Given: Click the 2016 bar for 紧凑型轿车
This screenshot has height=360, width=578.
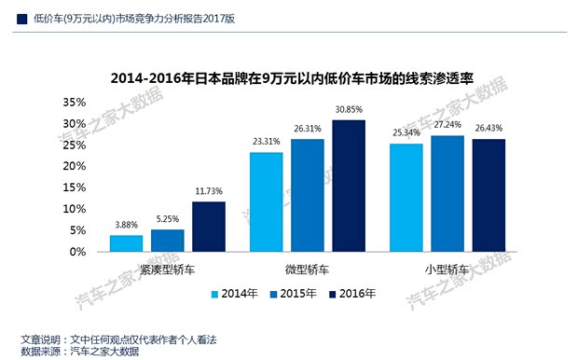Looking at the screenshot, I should (x=209, y=226).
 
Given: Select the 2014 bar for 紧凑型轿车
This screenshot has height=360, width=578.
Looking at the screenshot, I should (x=126, y=242).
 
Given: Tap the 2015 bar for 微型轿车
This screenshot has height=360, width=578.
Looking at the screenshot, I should (x=308, y=195).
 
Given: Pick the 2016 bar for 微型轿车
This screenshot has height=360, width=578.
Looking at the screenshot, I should (x=349, y=186).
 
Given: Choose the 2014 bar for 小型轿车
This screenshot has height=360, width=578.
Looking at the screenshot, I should (x=406, y=197).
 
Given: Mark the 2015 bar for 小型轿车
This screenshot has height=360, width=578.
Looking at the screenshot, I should (x=447, y=193).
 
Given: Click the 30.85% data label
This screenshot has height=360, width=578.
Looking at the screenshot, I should (x=349, y=111).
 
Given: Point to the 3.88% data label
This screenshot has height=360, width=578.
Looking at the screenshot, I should (x=126, y=226).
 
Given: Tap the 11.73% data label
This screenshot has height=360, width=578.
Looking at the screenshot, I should (x=209, y=192).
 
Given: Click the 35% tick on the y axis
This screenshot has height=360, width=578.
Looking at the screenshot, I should (x=74, y=102).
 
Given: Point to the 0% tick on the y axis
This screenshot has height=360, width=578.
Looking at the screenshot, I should (x=78, y=252).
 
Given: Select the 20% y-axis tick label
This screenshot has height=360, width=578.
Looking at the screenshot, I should (x=74, y=166).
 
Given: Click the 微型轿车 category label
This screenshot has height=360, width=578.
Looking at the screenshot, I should (x=307, y=270).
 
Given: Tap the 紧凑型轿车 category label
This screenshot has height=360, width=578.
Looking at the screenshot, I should (x=168, y=270).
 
